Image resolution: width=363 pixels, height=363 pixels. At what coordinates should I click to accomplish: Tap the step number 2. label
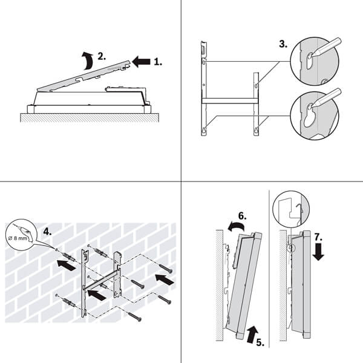pyautogui.click(x=102, y=56)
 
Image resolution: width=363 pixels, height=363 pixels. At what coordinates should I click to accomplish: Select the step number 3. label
pyautogui.click(x=283, y=44)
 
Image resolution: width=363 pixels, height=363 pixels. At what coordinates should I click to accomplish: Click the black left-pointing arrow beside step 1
pyautogui.click(x=141, y=60)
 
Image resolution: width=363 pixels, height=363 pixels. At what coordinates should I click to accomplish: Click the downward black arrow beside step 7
pyautogui.click(x=319, y=250)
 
